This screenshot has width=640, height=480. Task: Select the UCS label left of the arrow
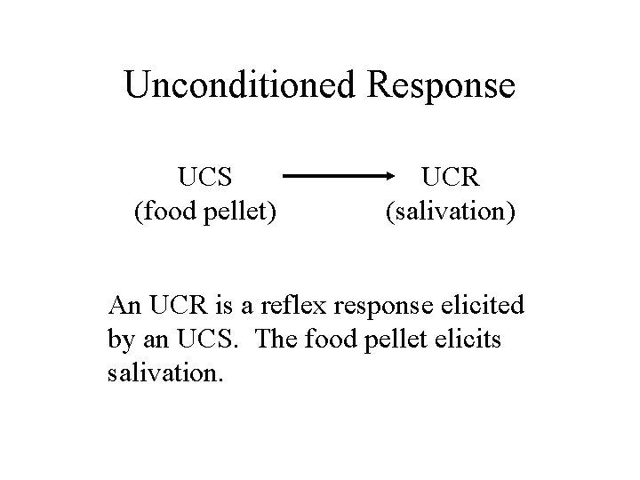(205, 177)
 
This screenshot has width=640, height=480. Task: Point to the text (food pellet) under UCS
(205, 212)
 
